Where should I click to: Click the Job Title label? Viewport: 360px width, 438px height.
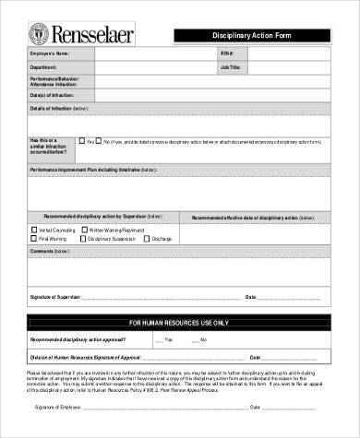231,67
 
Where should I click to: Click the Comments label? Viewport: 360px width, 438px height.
49,250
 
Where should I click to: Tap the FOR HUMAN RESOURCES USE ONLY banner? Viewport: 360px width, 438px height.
181,321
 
